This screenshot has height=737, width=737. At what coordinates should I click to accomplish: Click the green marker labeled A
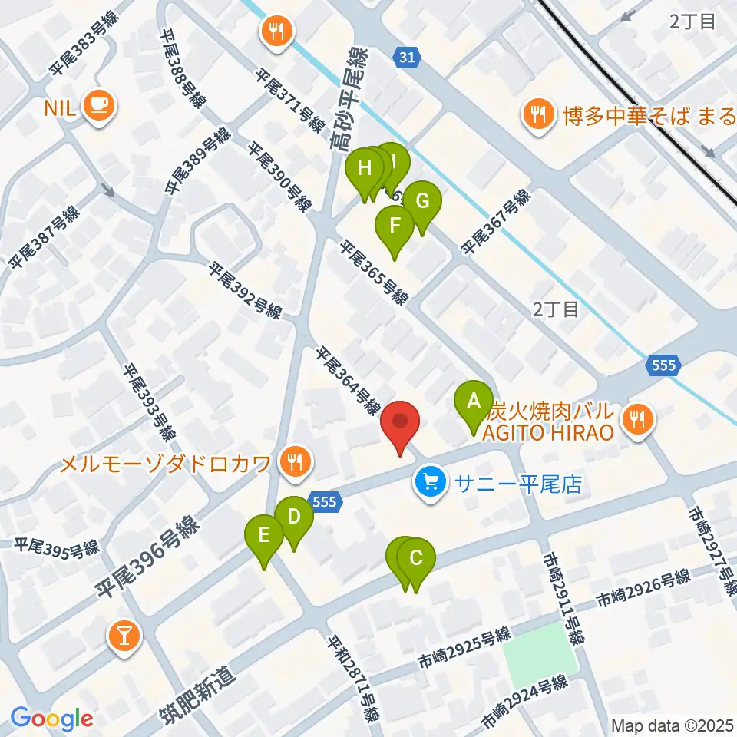coord(474,401)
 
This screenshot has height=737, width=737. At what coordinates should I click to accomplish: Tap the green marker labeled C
coord(416,558)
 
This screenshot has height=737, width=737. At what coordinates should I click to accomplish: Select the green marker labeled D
coord(294,517)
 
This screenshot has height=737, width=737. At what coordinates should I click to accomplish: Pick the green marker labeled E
coord(265,534)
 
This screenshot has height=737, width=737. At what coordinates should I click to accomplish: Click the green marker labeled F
coord(395,226)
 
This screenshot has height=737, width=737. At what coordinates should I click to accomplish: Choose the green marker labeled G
coord(422,202)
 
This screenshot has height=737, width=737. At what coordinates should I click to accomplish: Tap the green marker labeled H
coord(365,167)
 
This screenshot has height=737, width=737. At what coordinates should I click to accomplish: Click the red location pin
coord(401,424)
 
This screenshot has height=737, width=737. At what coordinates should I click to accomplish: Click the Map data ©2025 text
coord(672,725)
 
